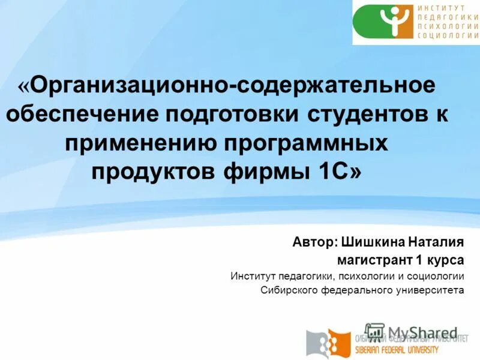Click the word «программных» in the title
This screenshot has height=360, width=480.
coord(307,143)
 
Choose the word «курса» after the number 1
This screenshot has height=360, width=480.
coord(446,260)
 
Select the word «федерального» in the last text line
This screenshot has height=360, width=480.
coord(349,290)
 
